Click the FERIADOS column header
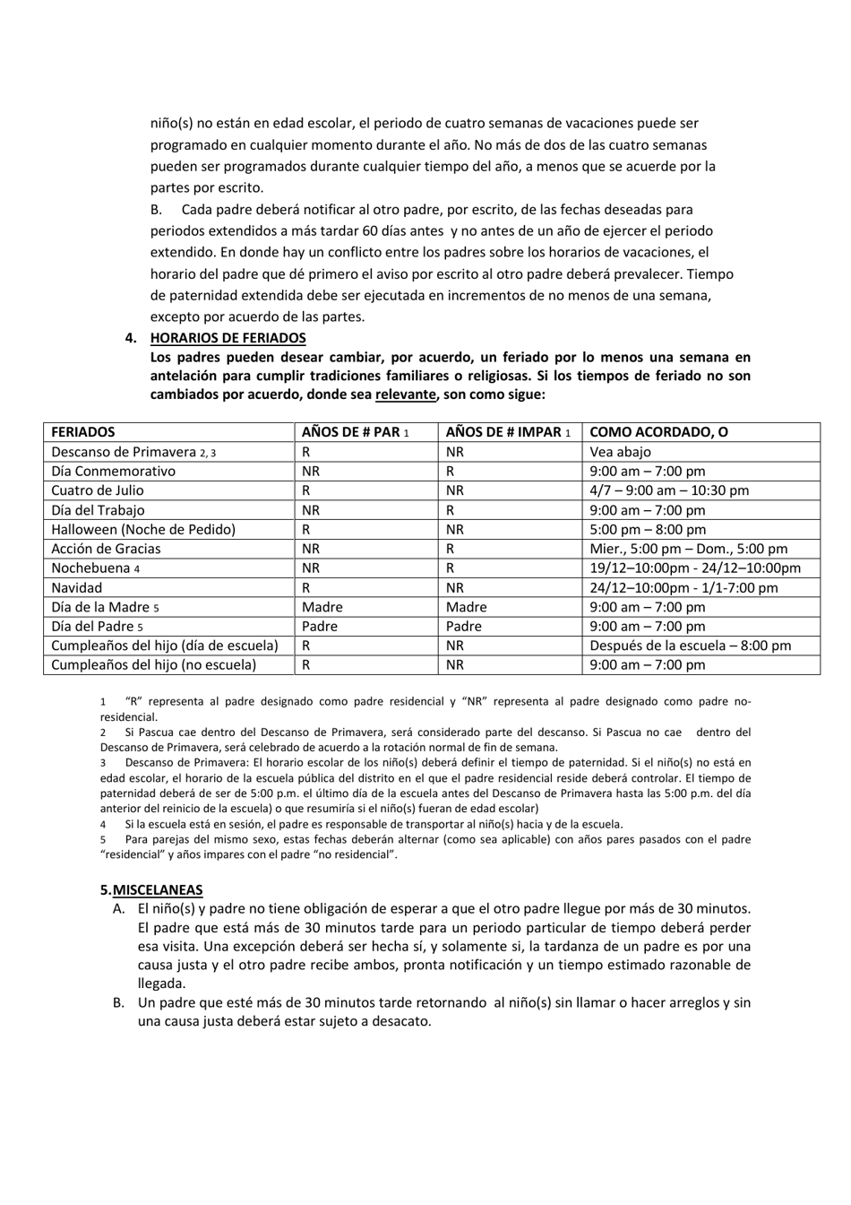(83, 432)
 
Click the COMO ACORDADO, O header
(658, 432)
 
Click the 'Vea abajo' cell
(620, 452)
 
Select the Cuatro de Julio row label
(97, 490)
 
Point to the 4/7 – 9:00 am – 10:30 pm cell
(669, 490)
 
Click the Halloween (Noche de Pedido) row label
(143, 529)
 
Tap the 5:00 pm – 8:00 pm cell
(648, 529)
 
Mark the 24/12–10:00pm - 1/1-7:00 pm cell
(683, 588)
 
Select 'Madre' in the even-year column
(322, 607)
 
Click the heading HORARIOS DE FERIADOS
(228, 338)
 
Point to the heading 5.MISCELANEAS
(151, 889)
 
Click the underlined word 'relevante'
(405, 394)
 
